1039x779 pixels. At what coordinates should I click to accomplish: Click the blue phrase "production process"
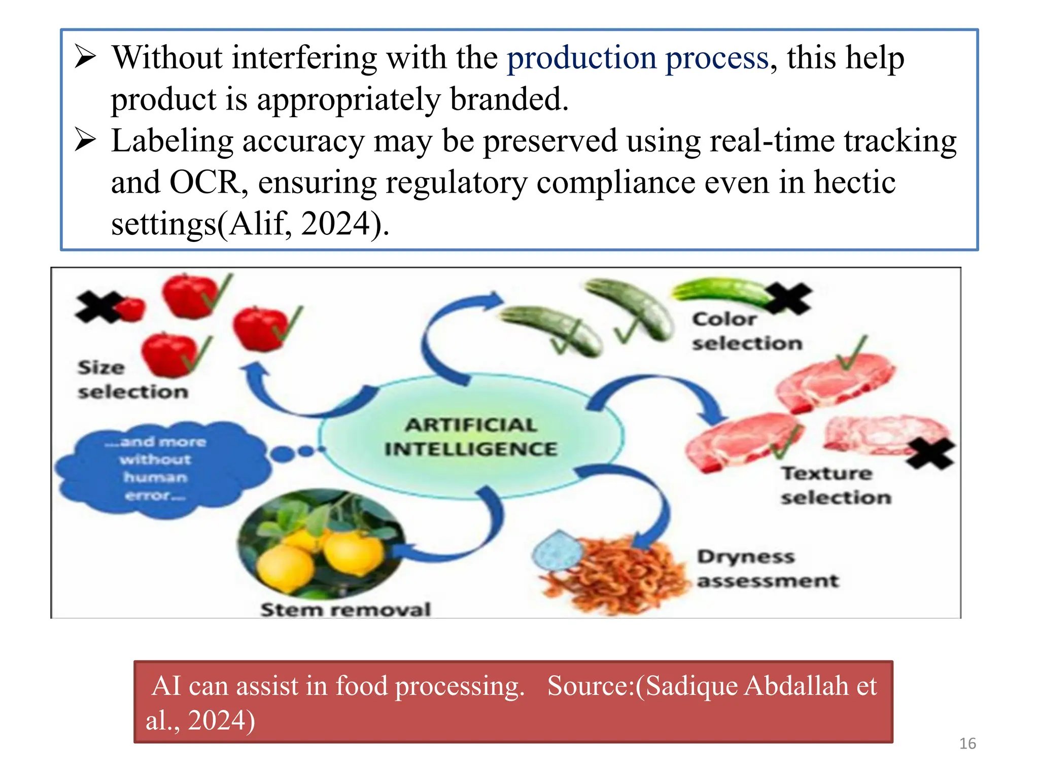pos(638,58)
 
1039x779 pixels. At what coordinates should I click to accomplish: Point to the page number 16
pos(967,743)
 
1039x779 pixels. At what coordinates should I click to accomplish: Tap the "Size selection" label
pos(132,379)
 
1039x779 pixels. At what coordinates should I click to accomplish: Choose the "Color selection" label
pos(747,331)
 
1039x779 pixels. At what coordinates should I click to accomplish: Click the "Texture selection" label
pos(836,485)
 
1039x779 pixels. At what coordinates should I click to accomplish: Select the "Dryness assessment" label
pos(767,569)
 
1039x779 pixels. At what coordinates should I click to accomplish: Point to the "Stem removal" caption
pos(345,609)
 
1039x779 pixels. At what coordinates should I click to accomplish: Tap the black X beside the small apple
pos(98,306)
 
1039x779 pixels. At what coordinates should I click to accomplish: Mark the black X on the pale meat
pos(929,452)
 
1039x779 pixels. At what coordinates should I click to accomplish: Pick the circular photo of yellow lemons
pos(322,543)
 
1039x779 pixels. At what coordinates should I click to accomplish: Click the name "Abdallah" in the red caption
pos(797,686)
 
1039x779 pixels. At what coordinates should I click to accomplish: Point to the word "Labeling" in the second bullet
pos(172,141)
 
